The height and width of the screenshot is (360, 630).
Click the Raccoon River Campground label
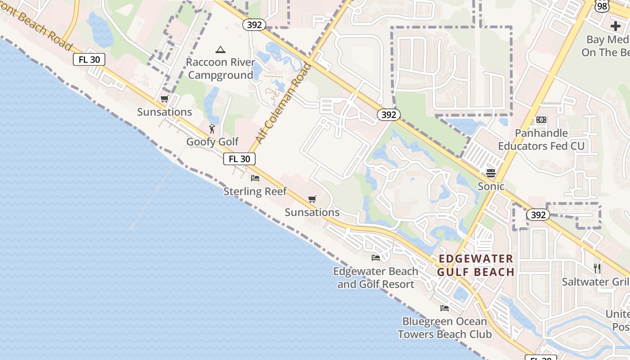click(x=220, y=68)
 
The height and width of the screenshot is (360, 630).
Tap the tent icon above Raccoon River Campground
click(x=220, y=49)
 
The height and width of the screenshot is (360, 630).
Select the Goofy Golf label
click(x=212, y=142)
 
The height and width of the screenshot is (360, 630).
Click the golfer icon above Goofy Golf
click(x=212, y=129)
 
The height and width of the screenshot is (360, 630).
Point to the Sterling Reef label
click(x=255, y=192)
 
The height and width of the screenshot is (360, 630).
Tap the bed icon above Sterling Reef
click(x=255, y=178)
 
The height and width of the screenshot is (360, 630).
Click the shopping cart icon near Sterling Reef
click(x=312, y=199)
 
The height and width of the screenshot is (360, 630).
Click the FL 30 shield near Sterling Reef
click(x=239, y=159)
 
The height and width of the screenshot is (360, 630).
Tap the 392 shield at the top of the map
click(x=254, y=25)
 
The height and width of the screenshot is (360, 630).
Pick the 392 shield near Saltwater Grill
click(x=538, y=215)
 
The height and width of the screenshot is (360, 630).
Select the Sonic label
click(x=491, y=186)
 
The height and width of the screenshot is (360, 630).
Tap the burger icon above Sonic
click(x=491, y=173)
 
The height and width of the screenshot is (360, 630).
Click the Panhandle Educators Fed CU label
click(x=541, y=139)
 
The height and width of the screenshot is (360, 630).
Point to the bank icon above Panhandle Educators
click(x=541, y=120)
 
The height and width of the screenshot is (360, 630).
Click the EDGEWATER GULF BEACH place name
click(x=476, y=265)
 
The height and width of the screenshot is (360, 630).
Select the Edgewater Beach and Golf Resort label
click(x=376, y=278)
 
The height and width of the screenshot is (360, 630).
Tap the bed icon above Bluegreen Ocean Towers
click(x=445, y=308)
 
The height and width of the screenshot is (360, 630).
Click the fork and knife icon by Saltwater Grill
click(x=597, y=269)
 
